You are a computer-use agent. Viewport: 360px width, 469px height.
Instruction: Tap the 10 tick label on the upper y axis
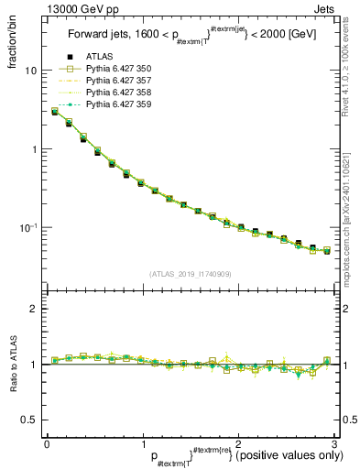[x=30, y=71]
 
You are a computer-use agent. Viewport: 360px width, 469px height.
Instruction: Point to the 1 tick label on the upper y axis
[x=33, y=149]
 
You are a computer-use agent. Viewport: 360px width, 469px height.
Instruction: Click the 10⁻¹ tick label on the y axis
[x=28, y=227]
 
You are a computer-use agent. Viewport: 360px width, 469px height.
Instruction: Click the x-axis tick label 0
[x=47, y=443]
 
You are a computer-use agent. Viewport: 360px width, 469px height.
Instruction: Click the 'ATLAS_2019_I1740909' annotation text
[x=189, y=274]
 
